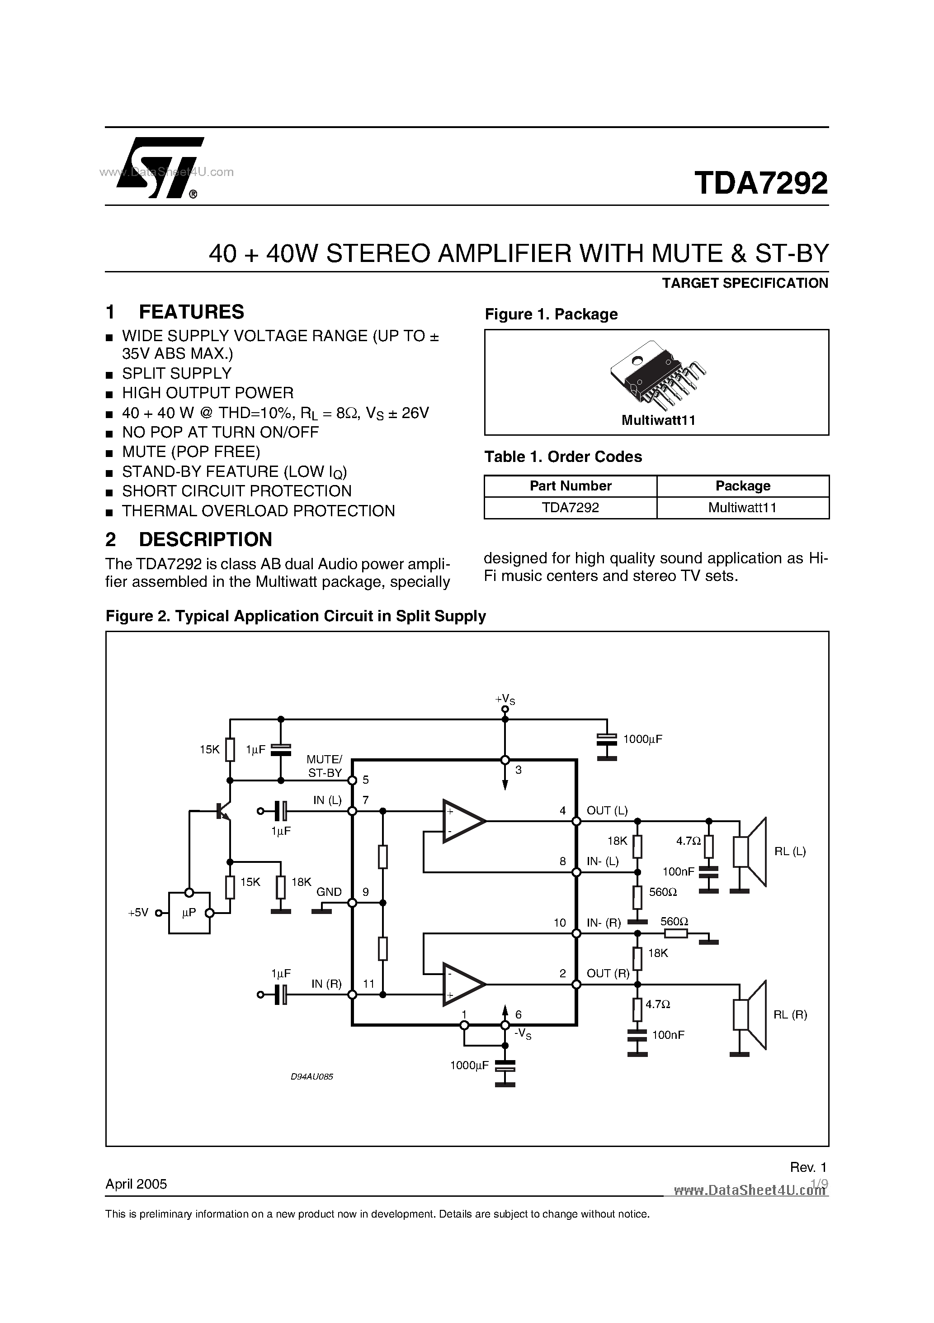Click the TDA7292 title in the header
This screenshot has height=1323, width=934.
pos(761,183)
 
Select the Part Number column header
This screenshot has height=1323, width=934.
pos(570,486)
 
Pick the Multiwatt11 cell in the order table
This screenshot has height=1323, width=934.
pos(742,508)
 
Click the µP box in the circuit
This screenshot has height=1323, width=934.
pos(189,913)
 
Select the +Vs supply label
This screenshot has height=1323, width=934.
pos(505,700)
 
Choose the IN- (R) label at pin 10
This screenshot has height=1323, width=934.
pos(604,923)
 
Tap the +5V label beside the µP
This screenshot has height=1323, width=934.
pos(138,913)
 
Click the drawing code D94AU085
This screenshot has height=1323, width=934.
pos(312,1076)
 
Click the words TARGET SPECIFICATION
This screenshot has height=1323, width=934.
pos(745,283)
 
